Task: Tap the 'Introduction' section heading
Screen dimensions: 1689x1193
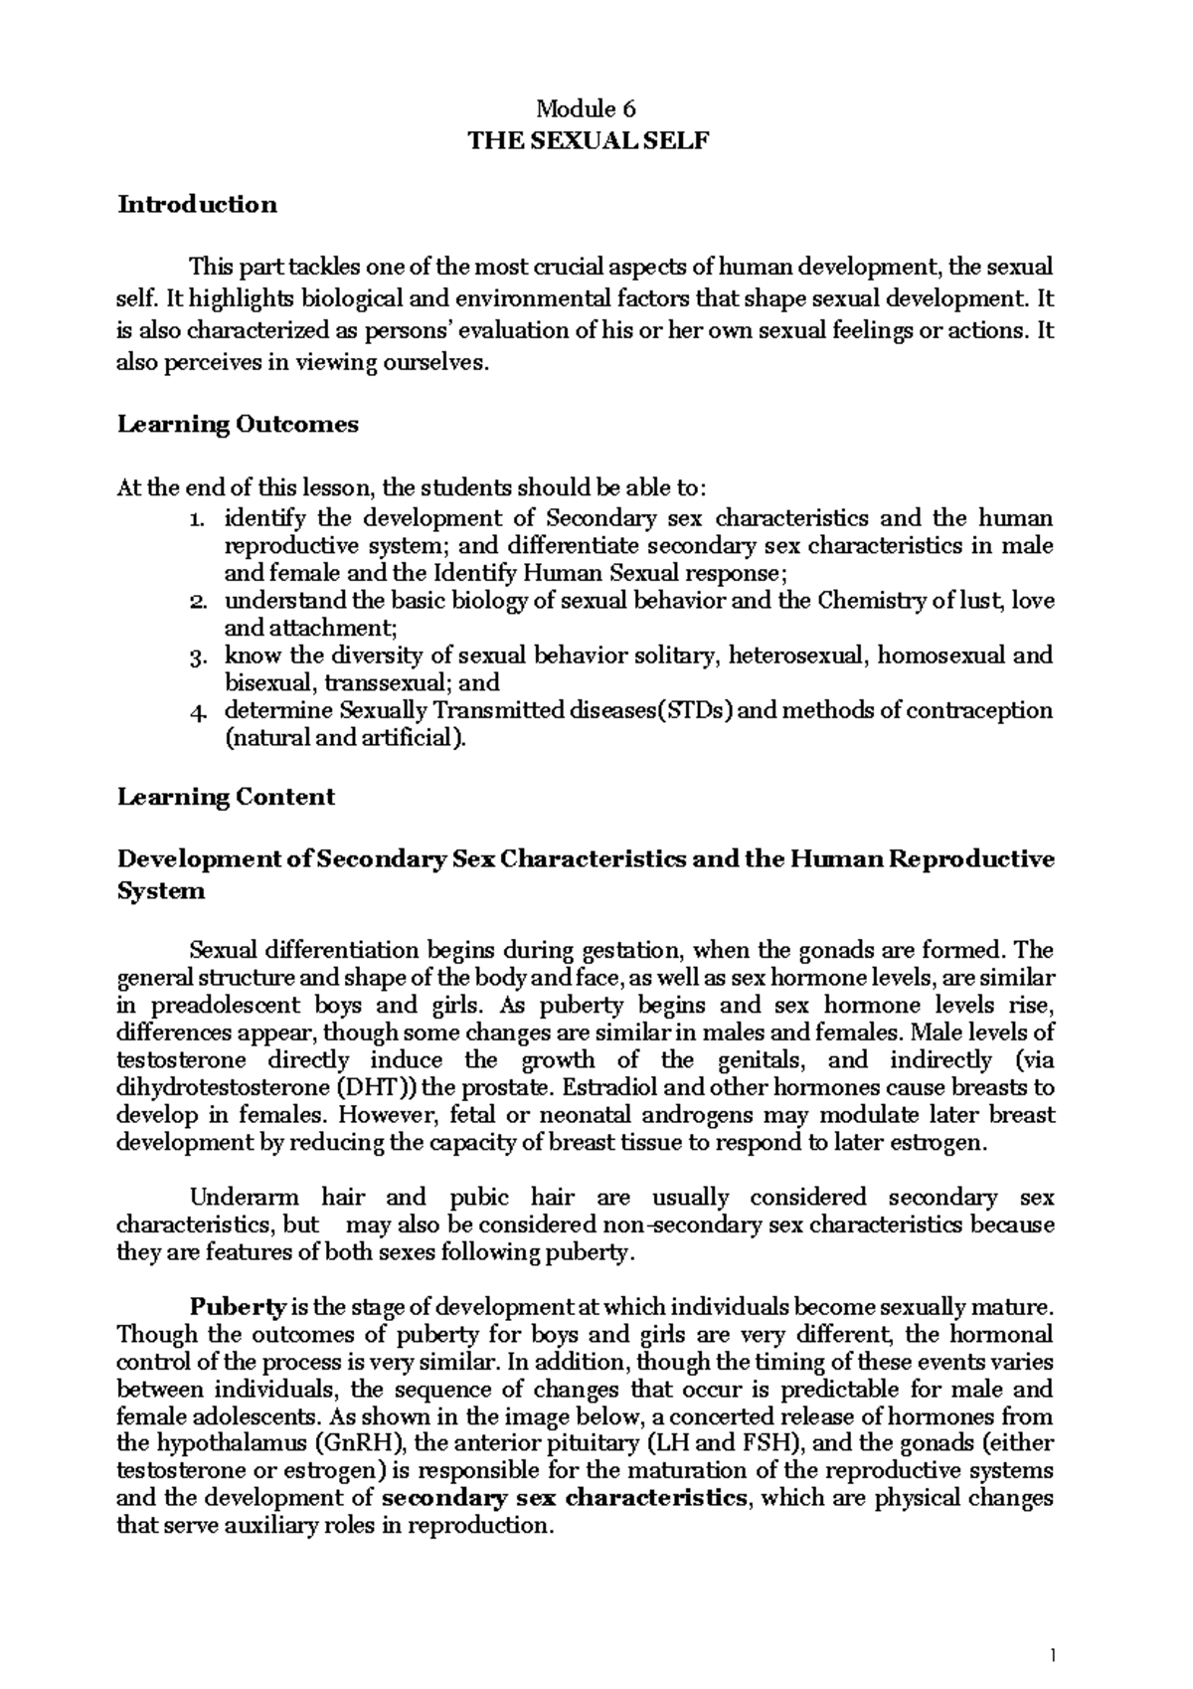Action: point(197,205)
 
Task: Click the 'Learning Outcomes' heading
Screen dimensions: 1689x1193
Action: point(238,425)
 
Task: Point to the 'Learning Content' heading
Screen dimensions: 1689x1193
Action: point(226,797)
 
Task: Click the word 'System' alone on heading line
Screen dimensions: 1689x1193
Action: point(161,891)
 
